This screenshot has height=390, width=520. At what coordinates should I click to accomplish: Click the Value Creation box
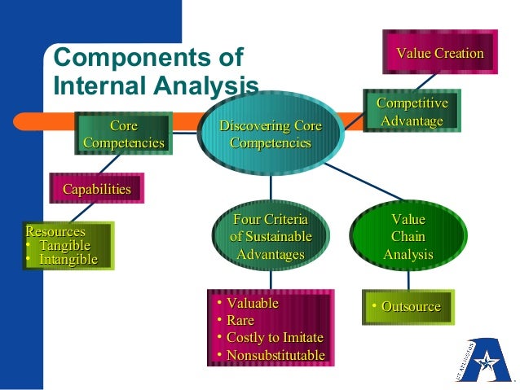[440, 54]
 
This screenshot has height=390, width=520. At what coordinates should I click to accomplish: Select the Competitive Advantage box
[412, 112]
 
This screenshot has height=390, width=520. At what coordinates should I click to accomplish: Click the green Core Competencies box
[123, 134]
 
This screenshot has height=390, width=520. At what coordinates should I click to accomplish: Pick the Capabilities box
[97, 190]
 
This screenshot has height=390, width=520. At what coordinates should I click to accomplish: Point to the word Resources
[55, 232]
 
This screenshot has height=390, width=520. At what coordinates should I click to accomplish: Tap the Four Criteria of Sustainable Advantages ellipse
[270, 237]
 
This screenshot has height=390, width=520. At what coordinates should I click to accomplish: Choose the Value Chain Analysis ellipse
[408, 237]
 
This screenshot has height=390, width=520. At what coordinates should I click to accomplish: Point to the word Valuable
[252, 304]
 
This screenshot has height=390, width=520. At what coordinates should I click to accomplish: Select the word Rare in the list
[240, 321]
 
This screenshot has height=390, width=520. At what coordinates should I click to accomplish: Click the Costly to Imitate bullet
[275, 338]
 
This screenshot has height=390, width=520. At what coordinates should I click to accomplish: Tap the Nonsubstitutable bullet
[275, 356]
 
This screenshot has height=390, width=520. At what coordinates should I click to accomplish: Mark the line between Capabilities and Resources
[82, 211]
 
